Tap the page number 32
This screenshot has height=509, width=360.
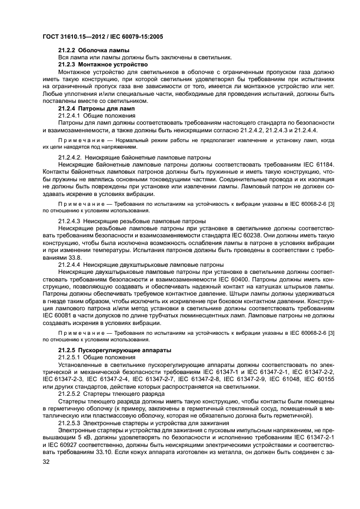click(46, 463)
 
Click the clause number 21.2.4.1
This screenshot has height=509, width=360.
click(69, 115)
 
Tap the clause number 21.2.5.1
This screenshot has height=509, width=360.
click(69, 357)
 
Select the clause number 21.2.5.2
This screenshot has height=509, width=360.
click(69, 393)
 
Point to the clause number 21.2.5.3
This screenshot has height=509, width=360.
click(69, 422)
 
